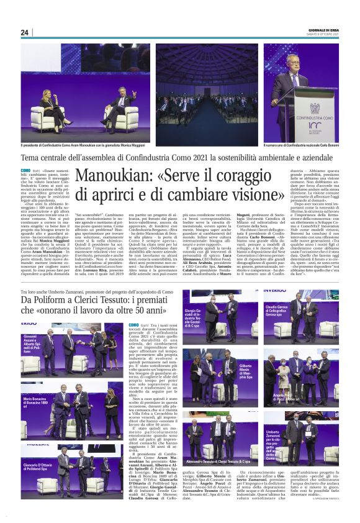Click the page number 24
tap(25, 32)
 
